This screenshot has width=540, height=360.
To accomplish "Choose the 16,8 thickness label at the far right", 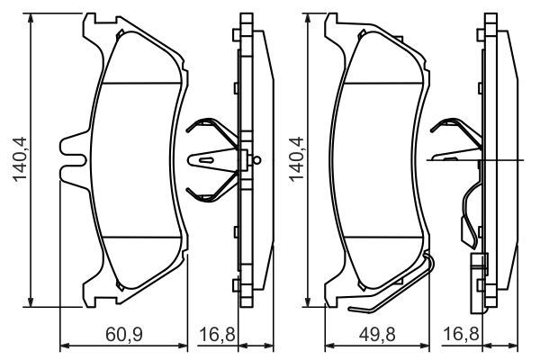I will tap(462, 335).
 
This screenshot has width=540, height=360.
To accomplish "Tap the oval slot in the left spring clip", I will tap(206, 160).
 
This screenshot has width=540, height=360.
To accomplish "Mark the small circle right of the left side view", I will tap(257, 160).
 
